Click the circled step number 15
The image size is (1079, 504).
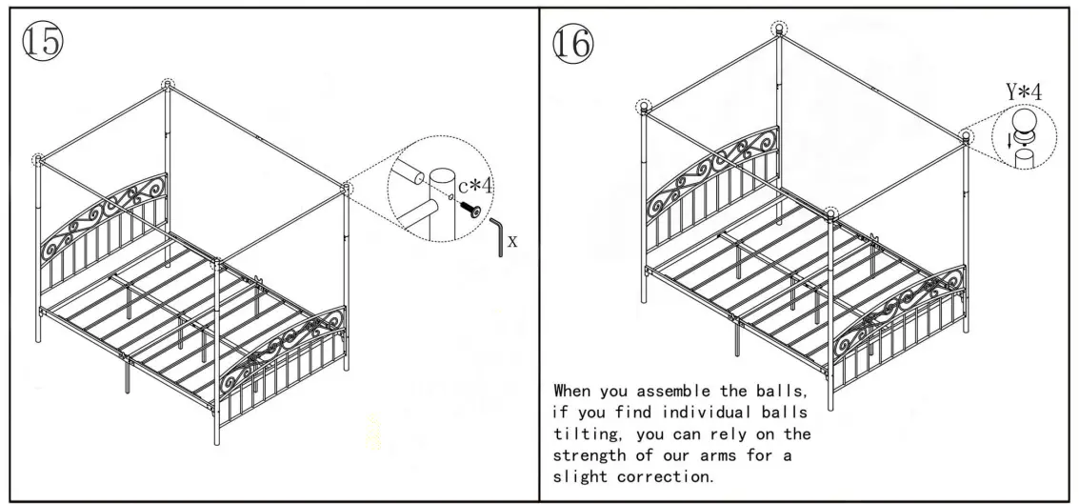point(42,42)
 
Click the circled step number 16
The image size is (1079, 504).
point(572,42)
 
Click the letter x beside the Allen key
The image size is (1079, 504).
point(513,241)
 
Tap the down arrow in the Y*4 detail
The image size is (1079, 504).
point(1010,143)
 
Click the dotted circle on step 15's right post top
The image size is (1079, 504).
point(346,189)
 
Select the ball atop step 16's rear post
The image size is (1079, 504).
point(779,29)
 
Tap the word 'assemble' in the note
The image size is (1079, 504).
point(682,391)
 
